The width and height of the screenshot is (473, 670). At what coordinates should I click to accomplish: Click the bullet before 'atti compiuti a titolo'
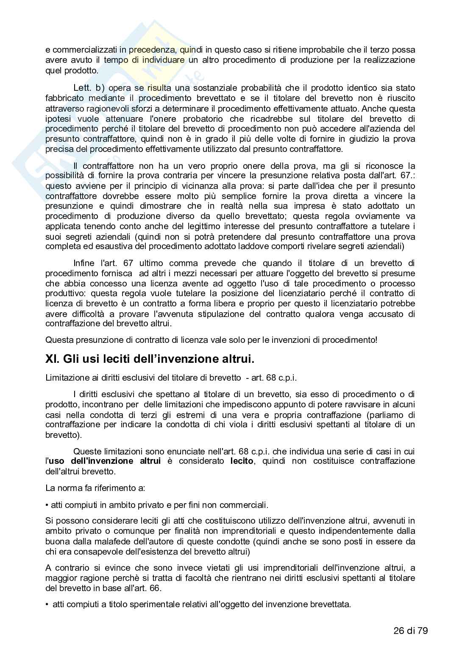pos(47,604)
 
